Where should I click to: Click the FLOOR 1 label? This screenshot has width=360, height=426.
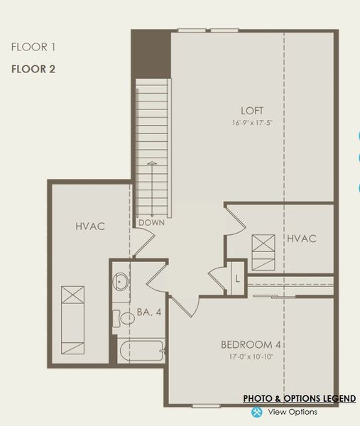click(x=33, y=48)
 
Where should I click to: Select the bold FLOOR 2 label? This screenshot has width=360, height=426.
click(x=33, y=70)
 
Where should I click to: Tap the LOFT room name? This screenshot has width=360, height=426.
click(x=252, y=111)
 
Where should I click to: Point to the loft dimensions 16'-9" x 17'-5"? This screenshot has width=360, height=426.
click(x=252, y=123)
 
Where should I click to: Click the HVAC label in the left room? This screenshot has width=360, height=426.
click(x=90, y=226)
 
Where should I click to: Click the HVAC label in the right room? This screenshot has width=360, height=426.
click(x=301, y=239)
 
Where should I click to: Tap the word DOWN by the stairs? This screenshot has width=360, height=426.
click(x=151, y=223)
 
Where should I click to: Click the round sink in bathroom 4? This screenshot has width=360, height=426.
click(x=121, y=281)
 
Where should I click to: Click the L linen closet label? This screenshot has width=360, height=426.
click(x=236, y=278)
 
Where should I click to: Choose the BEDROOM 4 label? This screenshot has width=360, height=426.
click(x=252, y=344)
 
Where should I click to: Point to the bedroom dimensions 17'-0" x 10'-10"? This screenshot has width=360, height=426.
click(x=252, y=356)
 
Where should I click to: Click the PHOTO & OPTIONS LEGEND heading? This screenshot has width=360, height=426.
click(x=299, y=399)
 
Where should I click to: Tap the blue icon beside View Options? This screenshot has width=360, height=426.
click(x=257, y=412)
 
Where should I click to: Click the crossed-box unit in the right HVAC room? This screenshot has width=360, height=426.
click(x=262, y=252)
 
